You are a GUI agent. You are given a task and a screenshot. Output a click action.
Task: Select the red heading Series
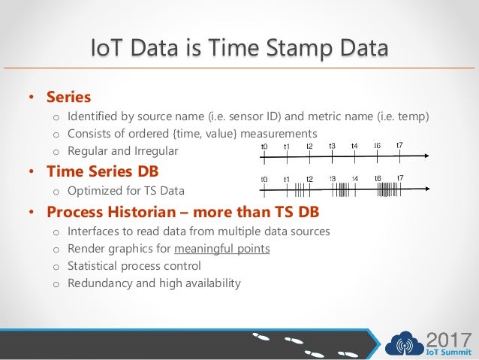68,97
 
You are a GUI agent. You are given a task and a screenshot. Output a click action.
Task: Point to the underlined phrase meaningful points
221,248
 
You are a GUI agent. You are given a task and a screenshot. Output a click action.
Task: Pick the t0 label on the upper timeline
264,146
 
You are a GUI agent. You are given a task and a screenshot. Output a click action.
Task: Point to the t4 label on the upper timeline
354,146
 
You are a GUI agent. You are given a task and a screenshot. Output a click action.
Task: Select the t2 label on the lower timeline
309,179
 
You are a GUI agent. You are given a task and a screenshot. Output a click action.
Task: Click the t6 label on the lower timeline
378,178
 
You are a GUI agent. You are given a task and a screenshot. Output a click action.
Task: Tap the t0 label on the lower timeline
264,180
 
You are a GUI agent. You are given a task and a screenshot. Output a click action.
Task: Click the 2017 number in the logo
447,337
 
